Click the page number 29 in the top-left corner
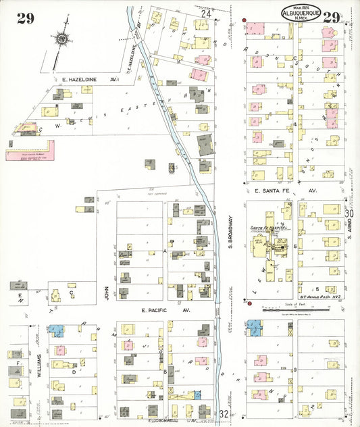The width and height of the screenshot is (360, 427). tap(26, 18)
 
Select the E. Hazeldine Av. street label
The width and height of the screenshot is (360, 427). tap(86, 80)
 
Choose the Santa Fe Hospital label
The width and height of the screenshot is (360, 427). tap(269, 228)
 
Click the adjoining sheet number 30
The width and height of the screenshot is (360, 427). tap(349, 214)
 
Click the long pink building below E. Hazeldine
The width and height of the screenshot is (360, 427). tap(30, 154)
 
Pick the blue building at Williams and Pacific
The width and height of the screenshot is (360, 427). tap(56, 331)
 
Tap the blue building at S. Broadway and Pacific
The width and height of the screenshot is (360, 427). tap(255, 328)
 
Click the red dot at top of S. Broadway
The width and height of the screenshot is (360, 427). tap(245, 18)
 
